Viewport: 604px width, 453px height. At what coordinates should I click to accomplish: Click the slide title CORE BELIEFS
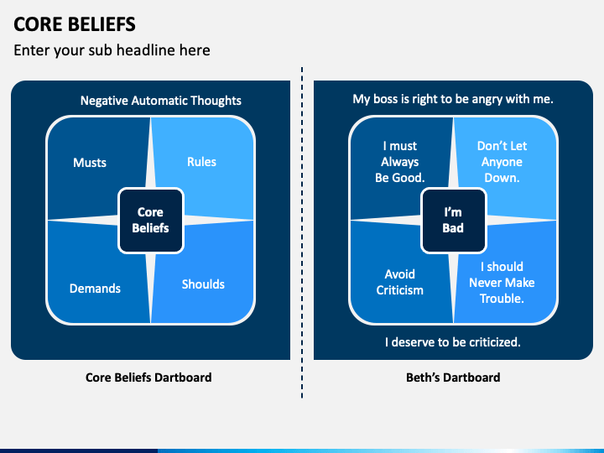(75, 23)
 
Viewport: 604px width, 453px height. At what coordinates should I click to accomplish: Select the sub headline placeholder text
(112, 50)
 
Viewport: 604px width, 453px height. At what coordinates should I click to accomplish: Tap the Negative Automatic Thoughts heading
(160, 101)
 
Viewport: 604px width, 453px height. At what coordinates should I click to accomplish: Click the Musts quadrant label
(90, 163)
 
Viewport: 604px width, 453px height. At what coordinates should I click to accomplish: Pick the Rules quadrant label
(201, 162)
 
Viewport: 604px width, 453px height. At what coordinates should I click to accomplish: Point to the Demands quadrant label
(95, 289)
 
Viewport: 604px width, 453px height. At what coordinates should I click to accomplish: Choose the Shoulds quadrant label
(203, 284)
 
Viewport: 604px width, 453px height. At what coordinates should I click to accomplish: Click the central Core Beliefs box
(150, 221)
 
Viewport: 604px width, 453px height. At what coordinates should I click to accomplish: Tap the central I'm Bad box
(453, 221)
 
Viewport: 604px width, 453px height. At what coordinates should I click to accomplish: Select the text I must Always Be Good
(399, 162)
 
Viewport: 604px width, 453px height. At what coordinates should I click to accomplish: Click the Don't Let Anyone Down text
(502, 162)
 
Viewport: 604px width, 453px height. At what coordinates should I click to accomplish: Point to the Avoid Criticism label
(399, 282)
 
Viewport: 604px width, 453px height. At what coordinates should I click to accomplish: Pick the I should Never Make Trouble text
(502, 283)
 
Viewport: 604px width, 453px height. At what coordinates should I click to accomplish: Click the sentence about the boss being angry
(453, 99)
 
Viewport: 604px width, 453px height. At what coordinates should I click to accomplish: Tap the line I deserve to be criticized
(453, 342)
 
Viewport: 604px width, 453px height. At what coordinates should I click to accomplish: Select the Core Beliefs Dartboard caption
(148, 377)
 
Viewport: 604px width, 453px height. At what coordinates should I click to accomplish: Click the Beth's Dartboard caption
(453, 377)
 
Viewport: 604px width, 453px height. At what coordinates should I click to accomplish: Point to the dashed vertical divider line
(302, 226)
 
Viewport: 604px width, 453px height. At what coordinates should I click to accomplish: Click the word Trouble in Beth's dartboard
(502, 299)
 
